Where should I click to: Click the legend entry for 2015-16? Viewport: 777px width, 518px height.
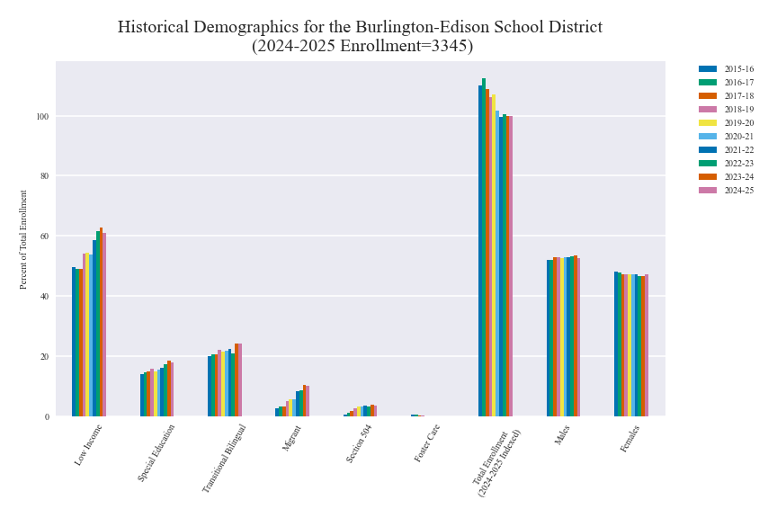[x=738, y=69]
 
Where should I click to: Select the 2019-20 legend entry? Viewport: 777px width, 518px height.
[x=738, y=123]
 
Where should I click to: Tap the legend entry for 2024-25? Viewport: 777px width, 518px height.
[x=738, y=191]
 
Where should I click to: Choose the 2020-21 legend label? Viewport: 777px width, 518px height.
[x=738, y=137]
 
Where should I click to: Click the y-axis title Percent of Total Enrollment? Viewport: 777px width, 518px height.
[x=24, y=240]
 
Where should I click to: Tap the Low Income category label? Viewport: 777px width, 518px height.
[x=88, y=443]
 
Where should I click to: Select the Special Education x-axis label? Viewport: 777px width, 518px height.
[x=156, y=451]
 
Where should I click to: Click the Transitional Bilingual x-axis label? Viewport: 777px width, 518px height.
[x=223, y=458]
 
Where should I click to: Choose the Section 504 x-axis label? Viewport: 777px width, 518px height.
[x=362, y=442]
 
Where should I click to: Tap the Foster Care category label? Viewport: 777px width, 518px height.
[x=429, y=442]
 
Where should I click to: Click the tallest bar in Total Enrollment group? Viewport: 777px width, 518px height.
[x=484, y=247]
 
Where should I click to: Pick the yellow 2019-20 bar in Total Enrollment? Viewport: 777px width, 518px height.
[x=494, y=255]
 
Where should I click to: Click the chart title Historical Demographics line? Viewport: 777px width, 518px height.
[x=360, y=27]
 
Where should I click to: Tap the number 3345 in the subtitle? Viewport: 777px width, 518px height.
[x=448, y=46]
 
